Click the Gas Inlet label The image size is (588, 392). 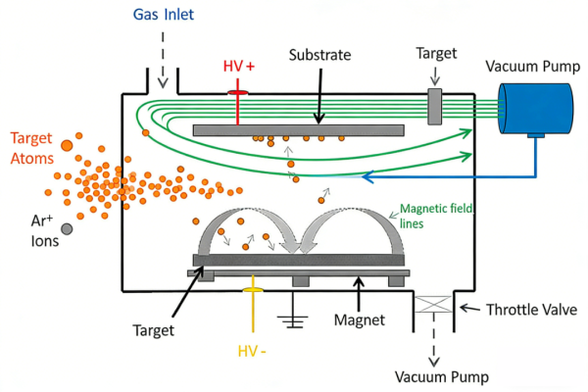164,15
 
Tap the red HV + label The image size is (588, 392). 239,67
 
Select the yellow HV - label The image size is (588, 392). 252,352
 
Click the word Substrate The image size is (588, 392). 319,55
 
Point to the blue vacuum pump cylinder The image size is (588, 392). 535,109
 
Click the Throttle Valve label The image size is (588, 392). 531,310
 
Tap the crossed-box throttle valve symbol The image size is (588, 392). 434,304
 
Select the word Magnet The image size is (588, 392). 360,320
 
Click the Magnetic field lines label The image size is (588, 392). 436,216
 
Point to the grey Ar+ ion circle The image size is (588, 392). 67,228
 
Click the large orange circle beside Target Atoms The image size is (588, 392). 67,146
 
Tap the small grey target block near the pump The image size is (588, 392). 434,107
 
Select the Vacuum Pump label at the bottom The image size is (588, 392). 442,377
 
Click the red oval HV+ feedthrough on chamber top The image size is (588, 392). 238,93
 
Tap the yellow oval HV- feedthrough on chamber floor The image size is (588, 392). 253,290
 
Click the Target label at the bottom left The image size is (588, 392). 154,330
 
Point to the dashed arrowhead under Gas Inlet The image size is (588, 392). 163,83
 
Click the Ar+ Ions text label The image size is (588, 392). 45,230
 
